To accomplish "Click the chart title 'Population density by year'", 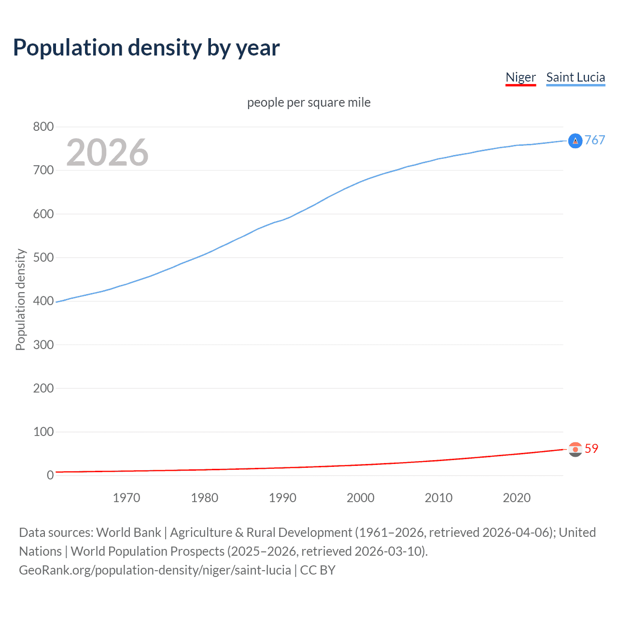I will [x=146, y=48].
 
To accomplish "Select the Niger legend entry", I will [x=520, y=77].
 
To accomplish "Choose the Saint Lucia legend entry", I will [x=576, y=77].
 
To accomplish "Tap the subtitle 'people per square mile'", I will [x=309, y=103].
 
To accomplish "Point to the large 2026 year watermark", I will [x=107, y=153].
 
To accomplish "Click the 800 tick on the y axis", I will [x=43, y=127].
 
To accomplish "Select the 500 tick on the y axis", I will [x=43, y=257].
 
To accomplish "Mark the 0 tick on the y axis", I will [x=50, y=475].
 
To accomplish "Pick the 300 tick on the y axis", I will [x=43, y=345].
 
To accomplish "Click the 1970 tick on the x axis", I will [x=126, y=498].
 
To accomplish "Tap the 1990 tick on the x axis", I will [x=282, y=498].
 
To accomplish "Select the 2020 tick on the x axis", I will [x=517, y=498].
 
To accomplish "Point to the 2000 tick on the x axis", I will [x=361, y=498].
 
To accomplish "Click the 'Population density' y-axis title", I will [x=20, y=299].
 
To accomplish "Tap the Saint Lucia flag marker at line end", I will [x=575, y=141].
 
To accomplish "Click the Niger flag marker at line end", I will [x=575, y=449].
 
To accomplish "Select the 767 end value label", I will [x=595, y=140].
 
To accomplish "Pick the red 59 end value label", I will [x=591, y=449].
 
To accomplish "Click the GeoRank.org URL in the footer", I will [x=155, y=570].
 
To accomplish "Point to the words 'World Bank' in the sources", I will [x=128, y=533].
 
